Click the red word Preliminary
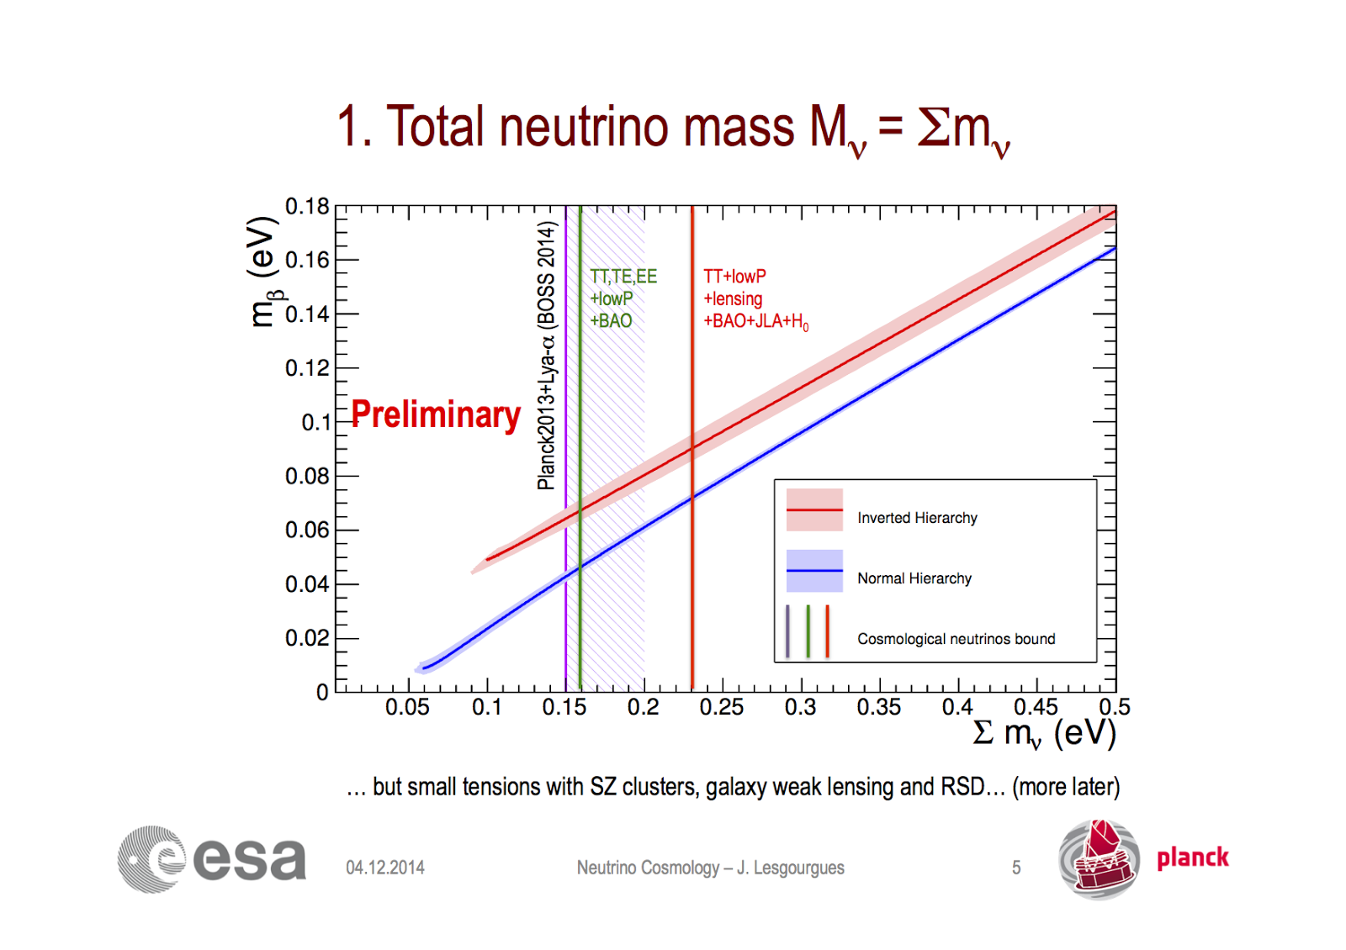coord(436,414)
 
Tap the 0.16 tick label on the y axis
coord(307,260)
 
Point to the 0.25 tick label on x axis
coord(721,707)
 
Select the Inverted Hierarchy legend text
coord(917,518)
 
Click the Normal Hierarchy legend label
coord(914,578)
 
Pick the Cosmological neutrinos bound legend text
coord(956,639)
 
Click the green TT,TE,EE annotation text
coord(623,277)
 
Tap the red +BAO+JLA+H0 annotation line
coord(755,321)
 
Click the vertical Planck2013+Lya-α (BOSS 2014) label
coord(547,355)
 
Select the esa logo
coord(212,859)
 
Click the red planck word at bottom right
coord(1192,858)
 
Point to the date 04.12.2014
coord(385,868)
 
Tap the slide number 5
coord(1016,868)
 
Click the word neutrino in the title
coord(585,128)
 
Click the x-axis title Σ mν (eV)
coord(1044,733)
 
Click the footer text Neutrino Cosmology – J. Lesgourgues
coord(710,868)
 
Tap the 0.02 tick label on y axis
coord(307,638)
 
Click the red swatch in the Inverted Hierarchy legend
coord(814,509)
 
